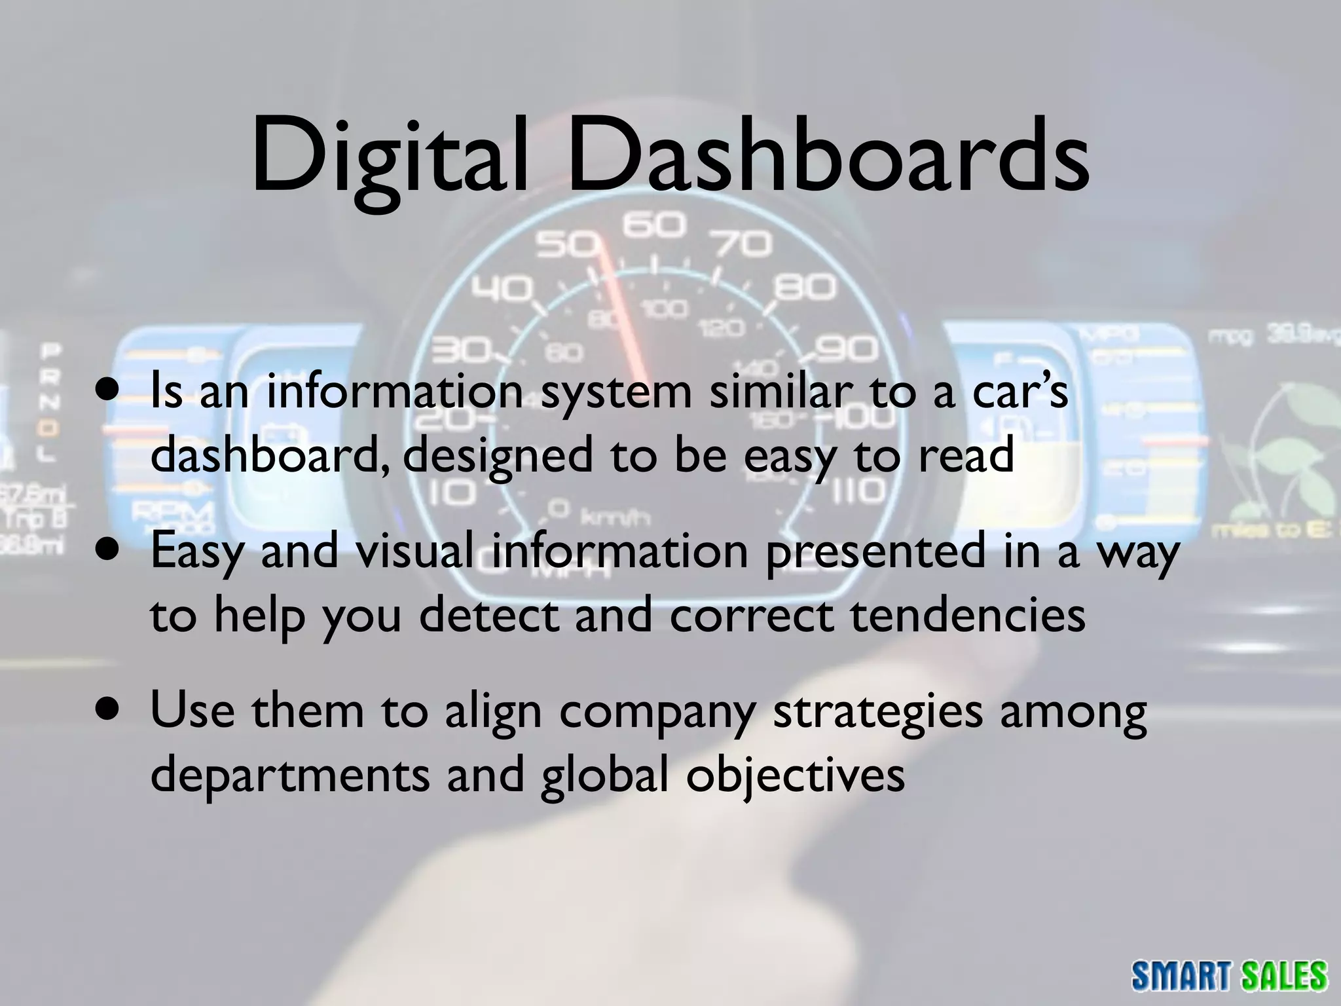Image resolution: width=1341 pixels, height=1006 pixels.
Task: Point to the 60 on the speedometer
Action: point(653,227)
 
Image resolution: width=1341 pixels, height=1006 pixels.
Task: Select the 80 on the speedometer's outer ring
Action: point(805,288)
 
